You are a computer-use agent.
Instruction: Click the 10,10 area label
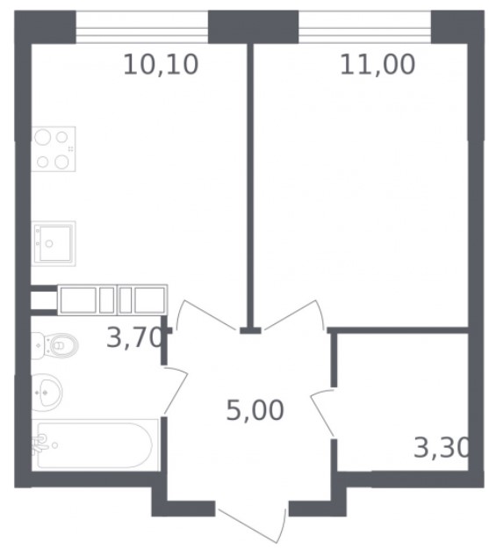click(161, 65)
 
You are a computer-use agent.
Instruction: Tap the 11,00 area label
click(378, 65)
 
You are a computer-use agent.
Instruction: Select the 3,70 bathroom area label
click(135, 337)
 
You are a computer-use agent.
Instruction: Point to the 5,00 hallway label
click(255, 410)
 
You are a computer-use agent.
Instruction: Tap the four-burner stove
click(54, 148)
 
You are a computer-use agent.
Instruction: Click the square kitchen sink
click(54, 243)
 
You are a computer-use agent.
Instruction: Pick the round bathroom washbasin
click(47, 392)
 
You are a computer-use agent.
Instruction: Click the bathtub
click(95, 445)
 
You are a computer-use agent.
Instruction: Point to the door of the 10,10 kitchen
click(205, 315)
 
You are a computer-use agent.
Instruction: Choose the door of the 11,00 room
click(294, 315)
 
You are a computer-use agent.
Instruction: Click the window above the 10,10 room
click(142, 27)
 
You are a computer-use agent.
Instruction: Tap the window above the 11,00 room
click(364, 27)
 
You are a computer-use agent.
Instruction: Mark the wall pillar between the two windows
click(254, 27)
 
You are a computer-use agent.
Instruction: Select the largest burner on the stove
click(43, 136)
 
